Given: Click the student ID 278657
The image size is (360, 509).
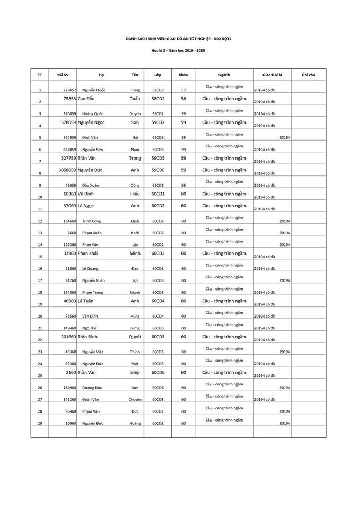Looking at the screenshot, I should pyautogui.click(x=69, y=90).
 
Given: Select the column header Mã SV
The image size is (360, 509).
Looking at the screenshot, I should pyautogui.click(x=63, y=75).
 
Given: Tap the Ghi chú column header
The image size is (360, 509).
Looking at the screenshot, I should pyautogui.click(x=309, y=75).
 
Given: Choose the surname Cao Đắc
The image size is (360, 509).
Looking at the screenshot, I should pyautogui.click(x=91, y=99).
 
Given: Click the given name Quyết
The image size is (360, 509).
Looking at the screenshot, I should pyautogui.click(x=135, y=336).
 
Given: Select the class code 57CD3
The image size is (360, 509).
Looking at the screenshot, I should pyautogui.click(x=158, y=90).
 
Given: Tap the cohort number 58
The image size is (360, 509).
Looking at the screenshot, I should pyautogui.click(x=183, y=99).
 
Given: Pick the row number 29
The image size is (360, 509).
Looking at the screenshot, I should pyautogui.click(x=40, y=424).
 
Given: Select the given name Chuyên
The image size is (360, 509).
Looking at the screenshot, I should pyautogui.click(x=135, y=399).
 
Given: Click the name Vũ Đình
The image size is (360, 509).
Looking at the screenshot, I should pyautogui.click(x=89, y=194).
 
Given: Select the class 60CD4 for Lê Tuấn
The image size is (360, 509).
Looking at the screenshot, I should pyautogui.click(x=158, y=301).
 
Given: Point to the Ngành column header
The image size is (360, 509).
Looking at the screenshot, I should pyautogui.click(x=224, y=75).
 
